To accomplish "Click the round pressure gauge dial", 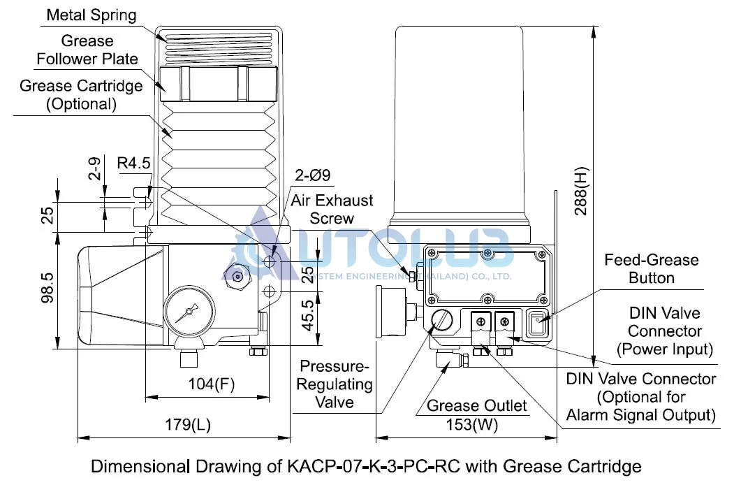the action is click(189, 311).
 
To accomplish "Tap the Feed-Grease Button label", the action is click(651, 268).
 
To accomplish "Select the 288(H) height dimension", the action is click(581, 191).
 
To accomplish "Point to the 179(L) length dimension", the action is click(188, 425).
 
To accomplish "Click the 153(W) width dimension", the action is click(471, 425).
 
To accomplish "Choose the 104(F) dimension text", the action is click(211, 384).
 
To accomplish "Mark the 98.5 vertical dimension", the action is click(47, 288).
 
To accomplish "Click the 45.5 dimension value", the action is click(307, 315).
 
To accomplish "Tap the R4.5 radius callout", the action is click(133, 163).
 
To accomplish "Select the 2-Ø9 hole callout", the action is click(313, 175).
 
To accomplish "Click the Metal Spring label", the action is click(91, 15).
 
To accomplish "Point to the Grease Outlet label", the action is click(476, 405).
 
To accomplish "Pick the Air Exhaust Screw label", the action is click(332, 209).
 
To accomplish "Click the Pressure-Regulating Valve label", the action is click(335, 384).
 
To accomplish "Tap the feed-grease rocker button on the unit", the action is click(538, 323).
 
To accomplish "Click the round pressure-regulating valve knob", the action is click(441, 321).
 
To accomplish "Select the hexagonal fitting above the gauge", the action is click(237, 277).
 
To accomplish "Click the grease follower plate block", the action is click(219, 83).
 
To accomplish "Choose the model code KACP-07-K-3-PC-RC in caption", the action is click(374, 467).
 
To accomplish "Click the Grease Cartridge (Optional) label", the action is click(81, 94).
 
